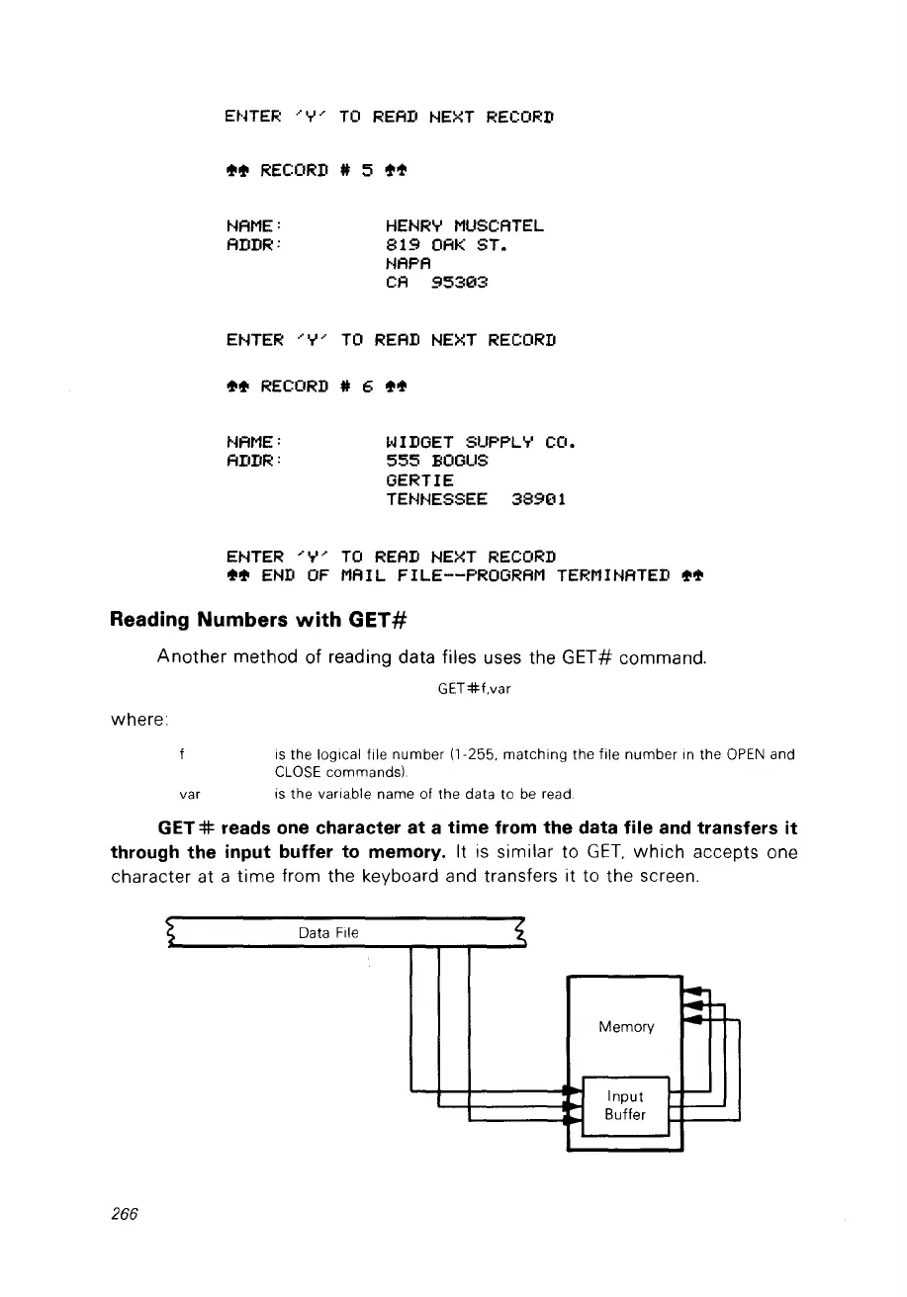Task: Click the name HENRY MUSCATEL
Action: (x=464, y=227)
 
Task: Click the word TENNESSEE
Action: (x=436, y=499)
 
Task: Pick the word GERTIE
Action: (x=419, y=479)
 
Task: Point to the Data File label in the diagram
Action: (x=328, y=932)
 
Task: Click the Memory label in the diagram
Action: (x=625, y=1027)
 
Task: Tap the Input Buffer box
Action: (x=625, y=1105)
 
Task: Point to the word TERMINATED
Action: (x=606, y=575)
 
